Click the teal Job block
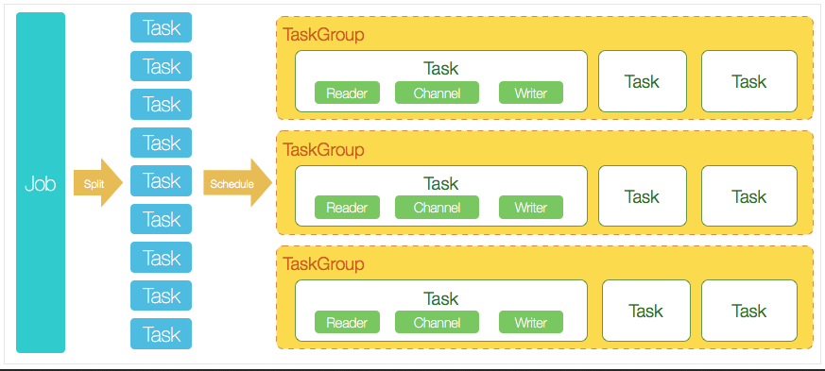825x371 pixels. pyautogui.click(x=41, y=183)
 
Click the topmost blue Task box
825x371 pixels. pyautogui.click(x=161, y=27)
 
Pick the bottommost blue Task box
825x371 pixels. pyautogui.click(x=161, y=334)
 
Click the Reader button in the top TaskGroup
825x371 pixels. pyautogui.click(x=347, y=93)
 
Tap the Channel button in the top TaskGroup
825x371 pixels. pyautogui.click(x=437, y=93)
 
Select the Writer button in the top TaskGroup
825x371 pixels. pyautogui.click(x=530, y=93)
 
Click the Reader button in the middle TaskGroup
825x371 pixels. pyautogui.click(x=347, y=208)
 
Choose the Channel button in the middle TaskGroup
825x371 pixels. pyautogui.click(x=437, y=208)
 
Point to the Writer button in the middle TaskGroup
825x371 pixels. pyautogui.click(x=530, y=208)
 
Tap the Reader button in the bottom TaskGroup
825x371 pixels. pyautogui.click(x=347, y=323)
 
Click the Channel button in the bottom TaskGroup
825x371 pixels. pyautogui.click(x=437, y=323)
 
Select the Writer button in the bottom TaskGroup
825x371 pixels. pyautogui.click(x=530, y=323)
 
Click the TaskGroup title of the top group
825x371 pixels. pyautogui.click(x=323, y=34)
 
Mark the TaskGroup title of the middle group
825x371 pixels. pyautogui.click(x=323, y=149)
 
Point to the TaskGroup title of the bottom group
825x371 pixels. pyautogui.click(x=323, y=264)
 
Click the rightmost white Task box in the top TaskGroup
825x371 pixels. pyautogui.click(x=748, y=81)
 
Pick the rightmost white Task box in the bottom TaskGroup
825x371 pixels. pyautogui.click(x=748, y=311)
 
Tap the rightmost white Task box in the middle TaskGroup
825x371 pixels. pyautogui.click(x=748, y=196)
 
